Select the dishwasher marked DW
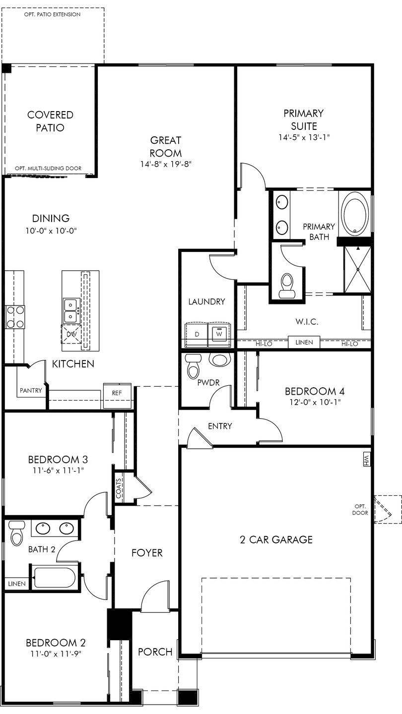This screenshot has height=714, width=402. (x=71, y=334)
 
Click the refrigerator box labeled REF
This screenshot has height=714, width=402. (x=117, y=396)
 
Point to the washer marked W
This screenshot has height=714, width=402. (x=219, y=335)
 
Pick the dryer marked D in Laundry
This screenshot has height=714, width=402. (x=197, y=335)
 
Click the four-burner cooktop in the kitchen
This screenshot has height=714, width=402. (x=15, y=317)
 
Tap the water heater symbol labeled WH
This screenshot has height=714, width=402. (x=366, y=459)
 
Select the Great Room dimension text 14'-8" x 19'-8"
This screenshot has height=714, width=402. (x=166, y=164)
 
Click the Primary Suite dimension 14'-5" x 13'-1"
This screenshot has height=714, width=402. (x=304, y=137)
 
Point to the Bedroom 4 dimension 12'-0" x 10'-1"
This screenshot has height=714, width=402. (x=315, y=402)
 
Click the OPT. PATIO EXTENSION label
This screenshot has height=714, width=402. (x=52, y=14)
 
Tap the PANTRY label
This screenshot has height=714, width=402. (x=31, y=390)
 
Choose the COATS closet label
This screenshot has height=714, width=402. (x=119, y=488)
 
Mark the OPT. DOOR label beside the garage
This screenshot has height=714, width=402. (x=360, y=509)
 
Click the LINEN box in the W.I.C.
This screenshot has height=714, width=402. (x=304, y=342)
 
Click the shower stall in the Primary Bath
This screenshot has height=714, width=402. (x=358, y=269)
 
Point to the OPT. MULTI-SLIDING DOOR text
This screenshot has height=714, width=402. (x=48, y=168)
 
